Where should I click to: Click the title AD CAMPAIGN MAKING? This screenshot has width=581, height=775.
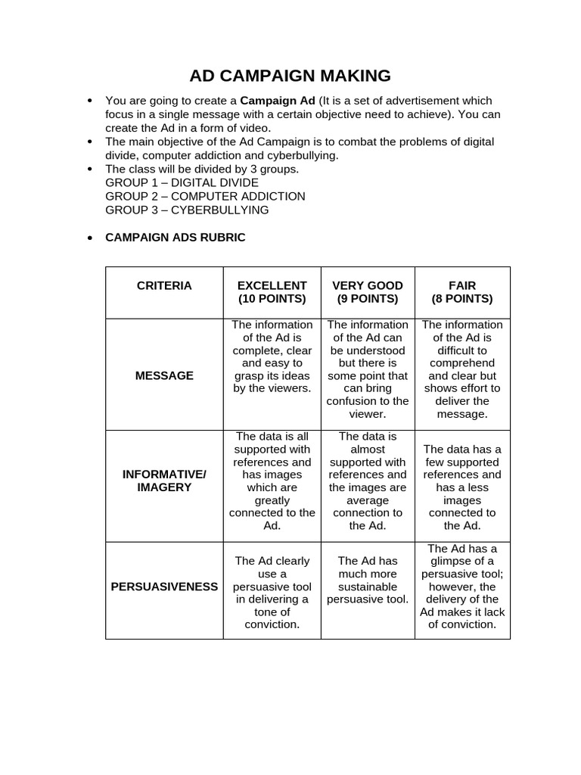290,76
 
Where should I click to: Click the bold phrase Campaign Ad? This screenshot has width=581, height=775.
278,101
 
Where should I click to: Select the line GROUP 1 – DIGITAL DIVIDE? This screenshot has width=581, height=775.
182,182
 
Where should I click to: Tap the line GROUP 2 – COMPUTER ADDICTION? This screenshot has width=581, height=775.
205,196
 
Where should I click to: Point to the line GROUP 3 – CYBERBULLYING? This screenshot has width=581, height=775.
187,210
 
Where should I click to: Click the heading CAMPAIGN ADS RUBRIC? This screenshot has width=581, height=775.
176,238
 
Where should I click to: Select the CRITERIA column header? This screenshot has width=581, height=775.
164,286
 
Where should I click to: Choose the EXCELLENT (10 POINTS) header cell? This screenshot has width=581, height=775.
272,292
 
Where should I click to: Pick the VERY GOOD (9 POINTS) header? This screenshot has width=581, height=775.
368,292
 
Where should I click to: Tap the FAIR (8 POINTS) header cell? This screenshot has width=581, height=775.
462,292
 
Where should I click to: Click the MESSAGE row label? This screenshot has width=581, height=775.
164,375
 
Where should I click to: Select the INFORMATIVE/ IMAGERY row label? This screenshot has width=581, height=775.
164,481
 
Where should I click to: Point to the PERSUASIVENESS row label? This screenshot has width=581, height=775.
164,587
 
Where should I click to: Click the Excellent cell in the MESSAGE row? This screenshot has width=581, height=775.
272,356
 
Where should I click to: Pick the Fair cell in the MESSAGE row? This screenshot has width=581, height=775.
462,369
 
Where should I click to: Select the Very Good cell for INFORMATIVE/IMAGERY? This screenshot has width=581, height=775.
368,481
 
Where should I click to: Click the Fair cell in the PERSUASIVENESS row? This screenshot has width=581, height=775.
462,587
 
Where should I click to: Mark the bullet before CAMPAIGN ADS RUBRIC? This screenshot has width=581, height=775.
90,238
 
